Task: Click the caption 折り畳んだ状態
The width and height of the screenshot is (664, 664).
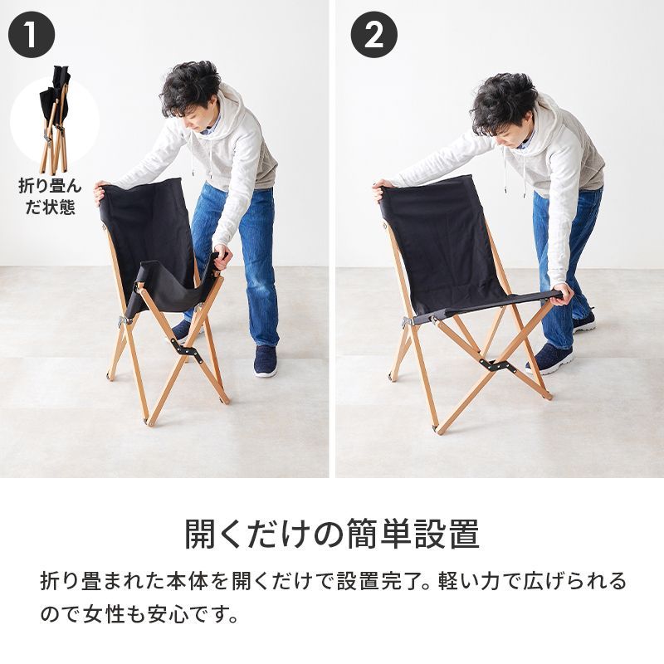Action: [x=50, y=196]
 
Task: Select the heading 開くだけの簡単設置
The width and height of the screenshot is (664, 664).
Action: [x=331, y=534]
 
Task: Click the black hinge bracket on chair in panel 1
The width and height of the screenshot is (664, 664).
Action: [x=188, y=351]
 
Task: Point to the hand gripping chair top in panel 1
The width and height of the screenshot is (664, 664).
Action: [x=100, y=191]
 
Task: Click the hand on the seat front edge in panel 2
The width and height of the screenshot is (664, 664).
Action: [x=563, y=293]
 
